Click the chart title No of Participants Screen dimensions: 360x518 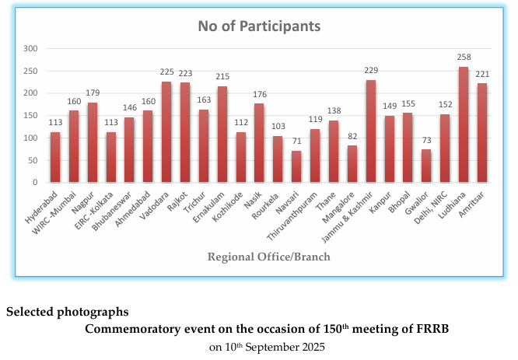coord(259,26)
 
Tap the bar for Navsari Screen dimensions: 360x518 coord(296,166)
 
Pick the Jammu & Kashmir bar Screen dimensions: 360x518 coord(370,131)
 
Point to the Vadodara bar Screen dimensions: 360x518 coord(166,131)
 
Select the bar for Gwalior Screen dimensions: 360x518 coord(426,166)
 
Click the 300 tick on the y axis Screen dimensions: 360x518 coord(30,48)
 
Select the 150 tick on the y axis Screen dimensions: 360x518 coord(30,115)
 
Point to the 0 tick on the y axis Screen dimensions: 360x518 coord(35,182)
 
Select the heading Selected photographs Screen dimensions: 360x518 coord(68,313)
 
